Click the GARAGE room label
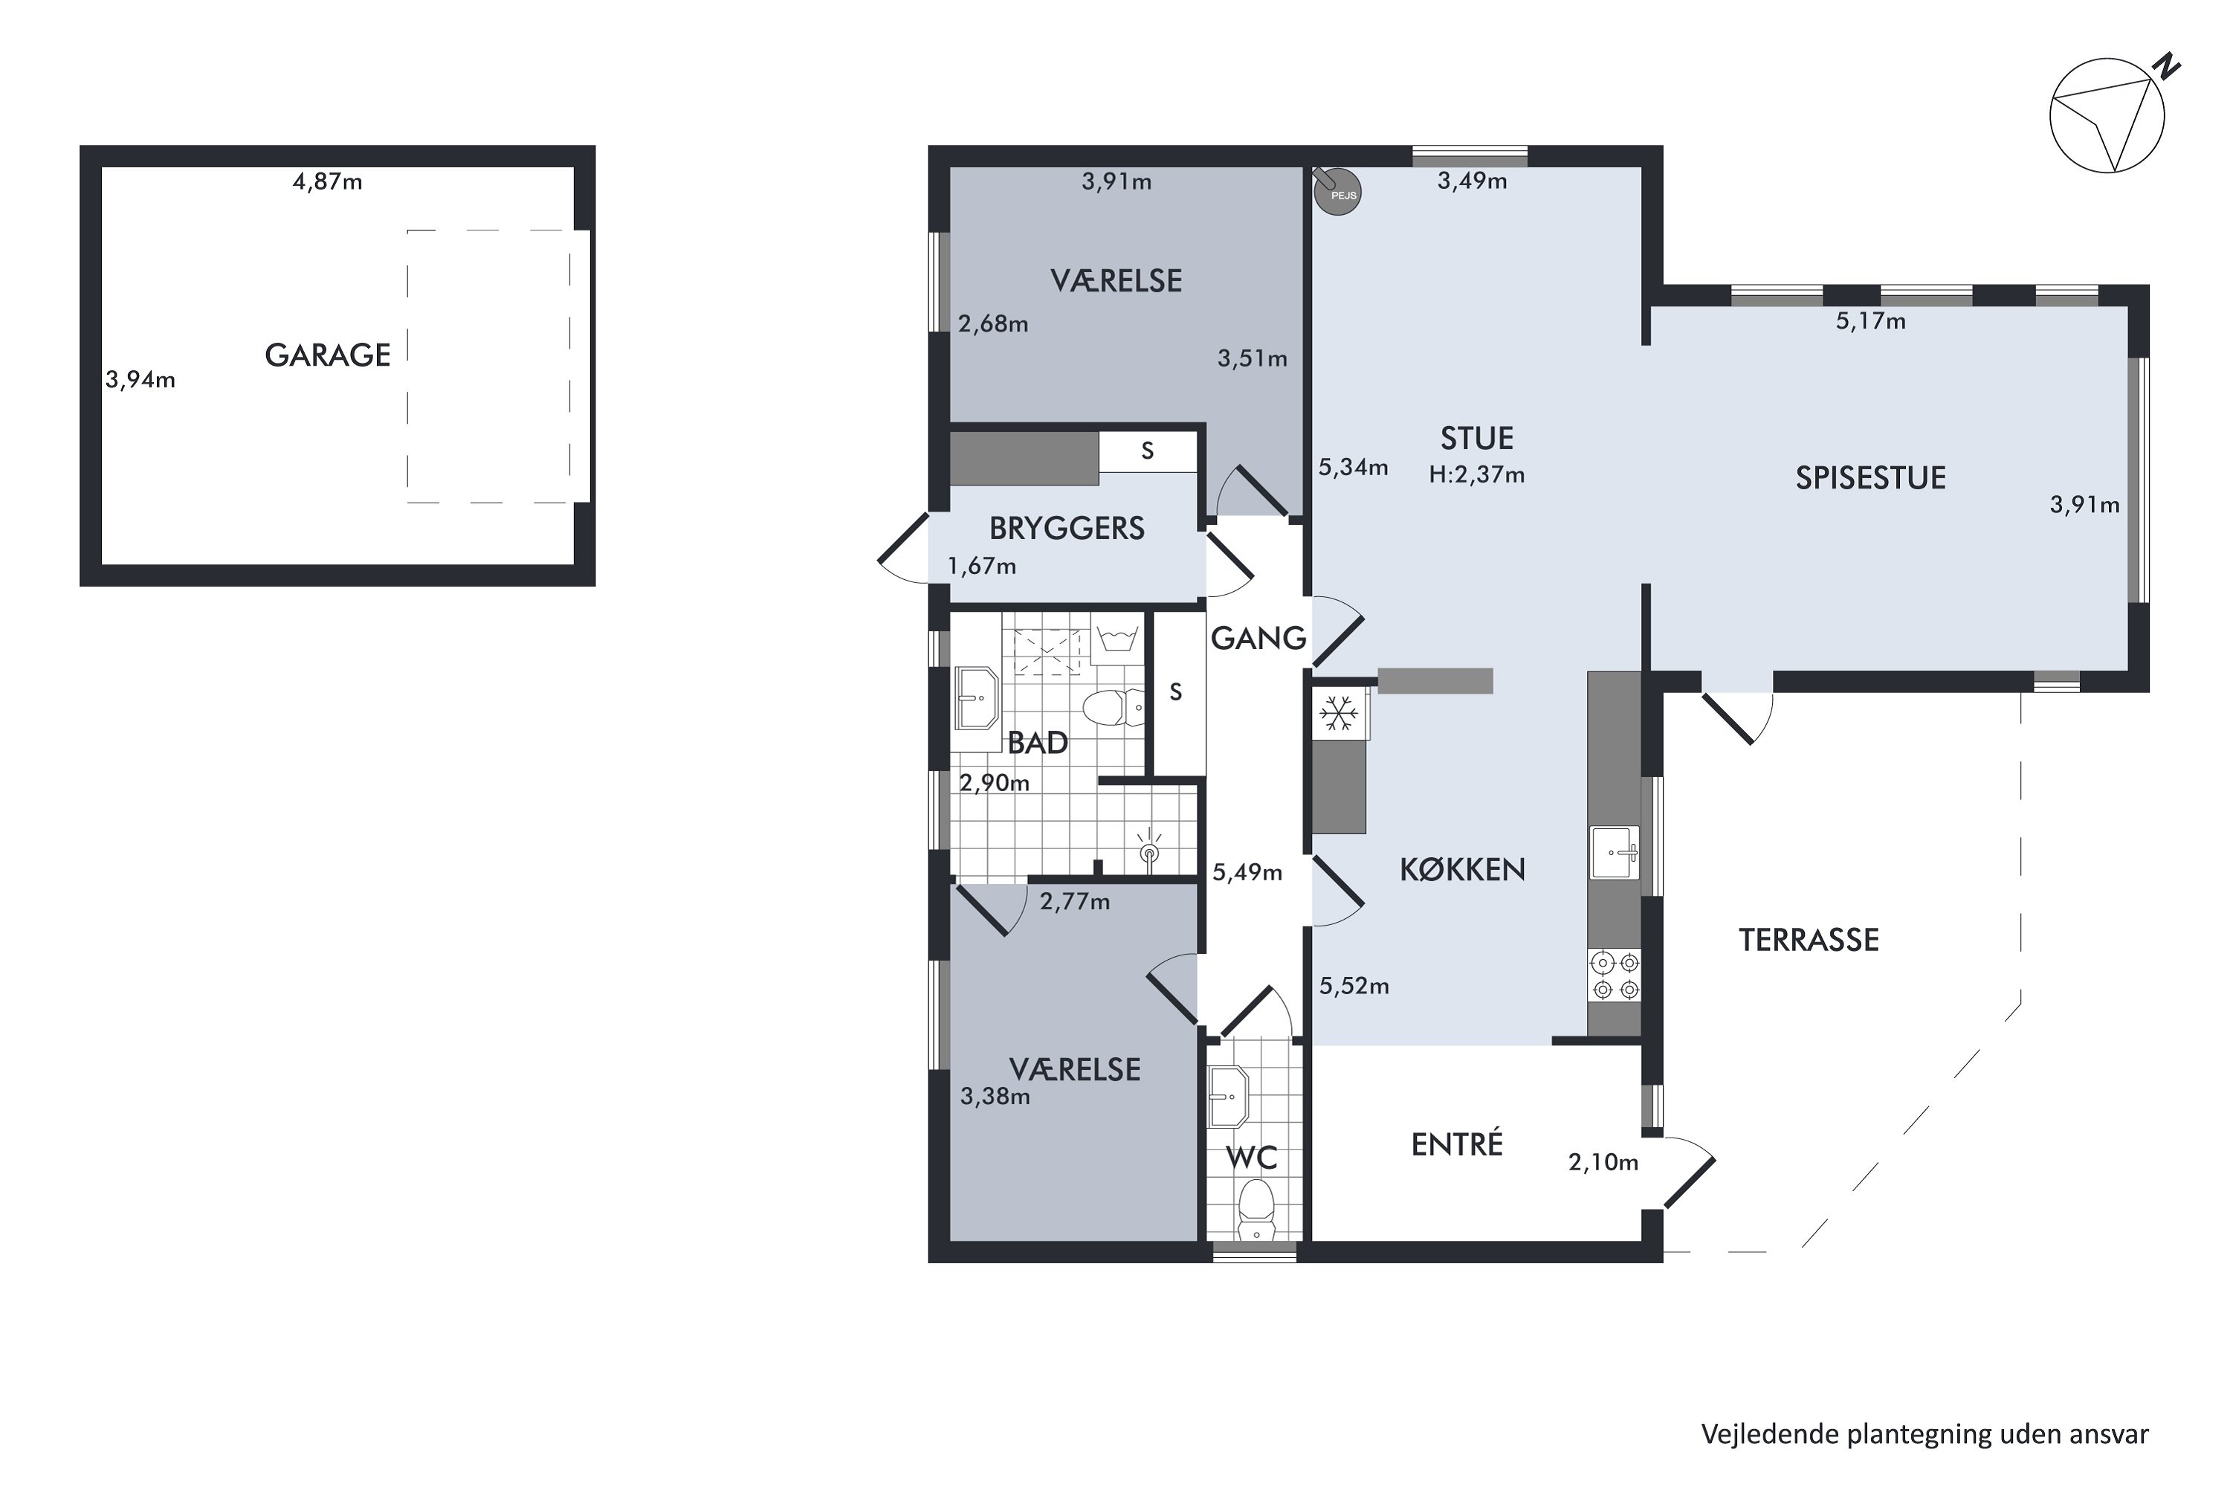tap(327, 355)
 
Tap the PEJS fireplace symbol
tap(1337, 190)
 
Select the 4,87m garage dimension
tap(327, 181)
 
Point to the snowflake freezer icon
tap(1339, 713)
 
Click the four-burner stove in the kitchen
tap(1615, 975)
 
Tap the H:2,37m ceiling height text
tap(1476, 474)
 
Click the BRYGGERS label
tap(1067, 528)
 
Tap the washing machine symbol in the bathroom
tap(1117, 638)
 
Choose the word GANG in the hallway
tap(1258, 638)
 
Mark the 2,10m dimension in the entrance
tap(1603, 1163)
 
